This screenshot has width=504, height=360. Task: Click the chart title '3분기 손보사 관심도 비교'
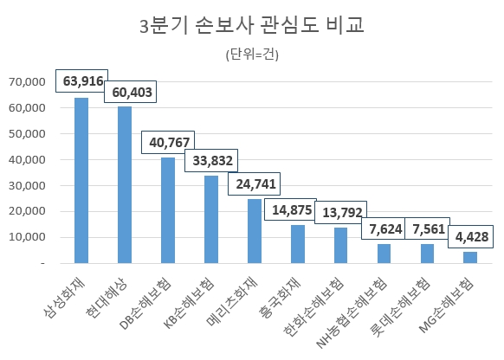click(251, 25)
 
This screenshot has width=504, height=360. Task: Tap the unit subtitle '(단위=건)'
click(251, 55)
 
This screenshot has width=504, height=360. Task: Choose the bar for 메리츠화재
click(255, 230)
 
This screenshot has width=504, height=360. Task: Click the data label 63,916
click(83, 82)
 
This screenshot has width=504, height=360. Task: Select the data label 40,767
click(167, 142)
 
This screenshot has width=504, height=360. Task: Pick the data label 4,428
click(470, 236)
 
